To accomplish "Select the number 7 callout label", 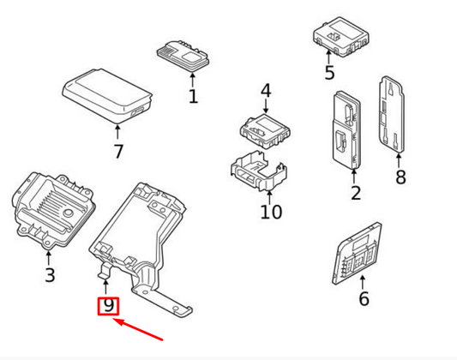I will (118, 152).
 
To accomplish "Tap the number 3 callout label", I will (50, 274).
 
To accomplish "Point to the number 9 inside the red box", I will (108, 305).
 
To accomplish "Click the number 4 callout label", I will (266, 91).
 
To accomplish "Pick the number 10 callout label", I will (270, 210).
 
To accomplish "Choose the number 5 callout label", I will (329, 73).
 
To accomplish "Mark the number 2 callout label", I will (356, 193).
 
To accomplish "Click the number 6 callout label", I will (364, 298).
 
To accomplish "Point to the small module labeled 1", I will (182, 54).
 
